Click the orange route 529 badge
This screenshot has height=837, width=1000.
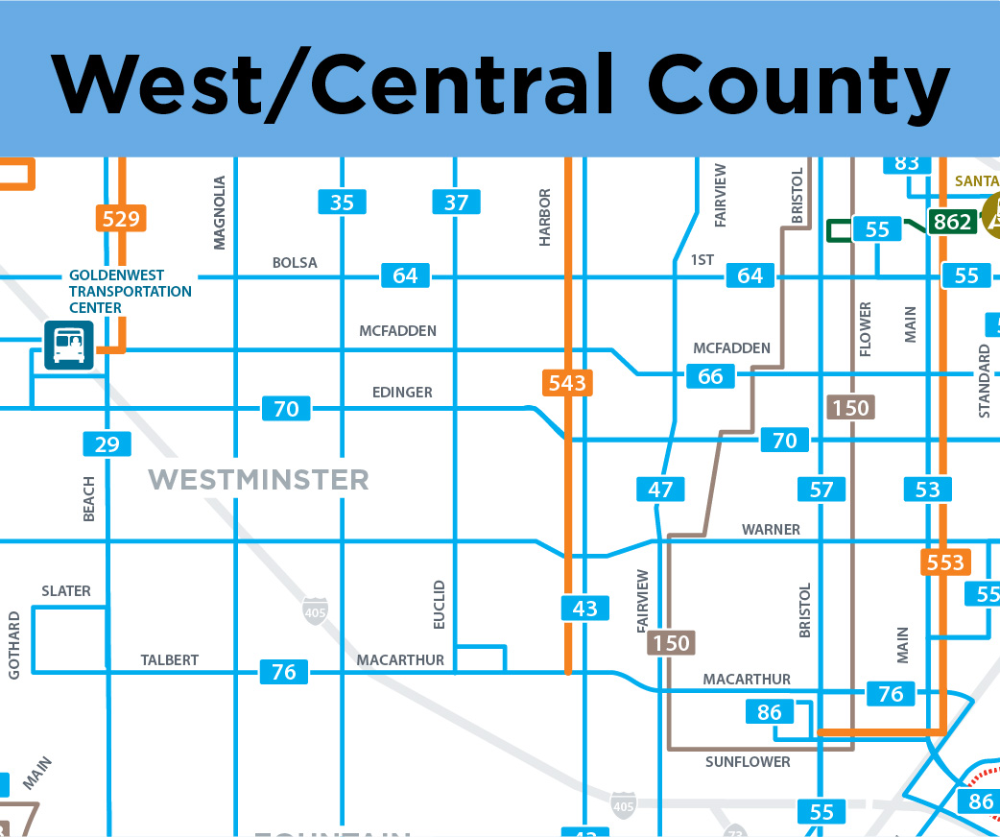[x=121, y=219]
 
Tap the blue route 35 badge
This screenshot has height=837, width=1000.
[x=342, y=203]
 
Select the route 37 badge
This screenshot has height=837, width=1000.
[x=456, y=203]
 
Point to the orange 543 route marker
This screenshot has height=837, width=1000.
[x=566, y=383]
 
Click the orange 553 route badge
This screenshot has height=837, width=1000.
[x=945, y=562]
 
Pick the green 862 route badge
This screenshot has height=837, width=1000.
[x=952, y=223]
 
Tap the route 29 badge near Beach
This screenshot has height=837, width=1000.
[x=107, y=443]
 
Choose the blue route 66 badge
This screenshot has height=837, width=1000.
[x=710, y=375]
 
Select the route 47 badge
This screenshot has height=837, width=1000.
[x=660, y=490]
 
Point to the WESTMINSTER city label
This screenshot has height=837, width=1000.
[x=258, y=479]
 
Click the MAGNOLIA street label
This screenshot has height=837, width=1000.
[x=220, y=212]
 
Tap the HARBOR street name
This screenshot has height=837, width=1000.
[x=545, y=217]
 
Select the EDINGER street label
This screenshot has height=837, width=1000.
[x=402, y=392]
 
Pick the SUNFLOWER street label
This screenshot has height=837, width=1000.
[x=748, y=762]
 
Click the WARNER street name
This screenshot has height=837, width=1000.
[x=771, y=530]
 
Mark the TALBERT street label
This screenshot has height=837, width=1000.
[x=169, y=659]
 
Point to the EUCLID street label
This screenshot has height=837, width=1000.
[x=440, y=604]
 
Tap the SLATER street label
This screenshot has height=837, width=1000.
[x=66, y=591]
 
